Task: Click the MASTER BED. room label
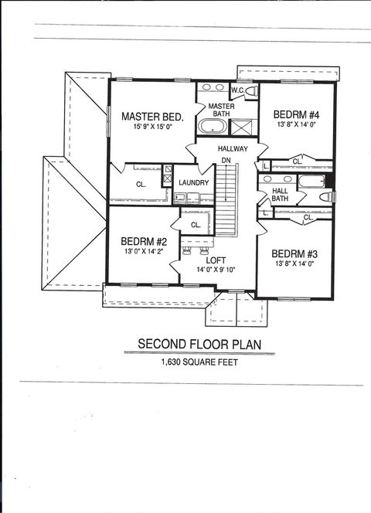[152, 117]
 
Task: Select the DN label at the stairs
[226, 160]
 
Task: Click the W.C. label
[237, 90]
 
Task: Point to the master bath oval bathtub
[210, 127]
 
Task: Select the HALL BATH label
[280, 194]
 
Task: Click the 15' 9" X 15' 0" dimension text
[152, 128]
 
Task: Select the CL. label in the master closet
[141, 185]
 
